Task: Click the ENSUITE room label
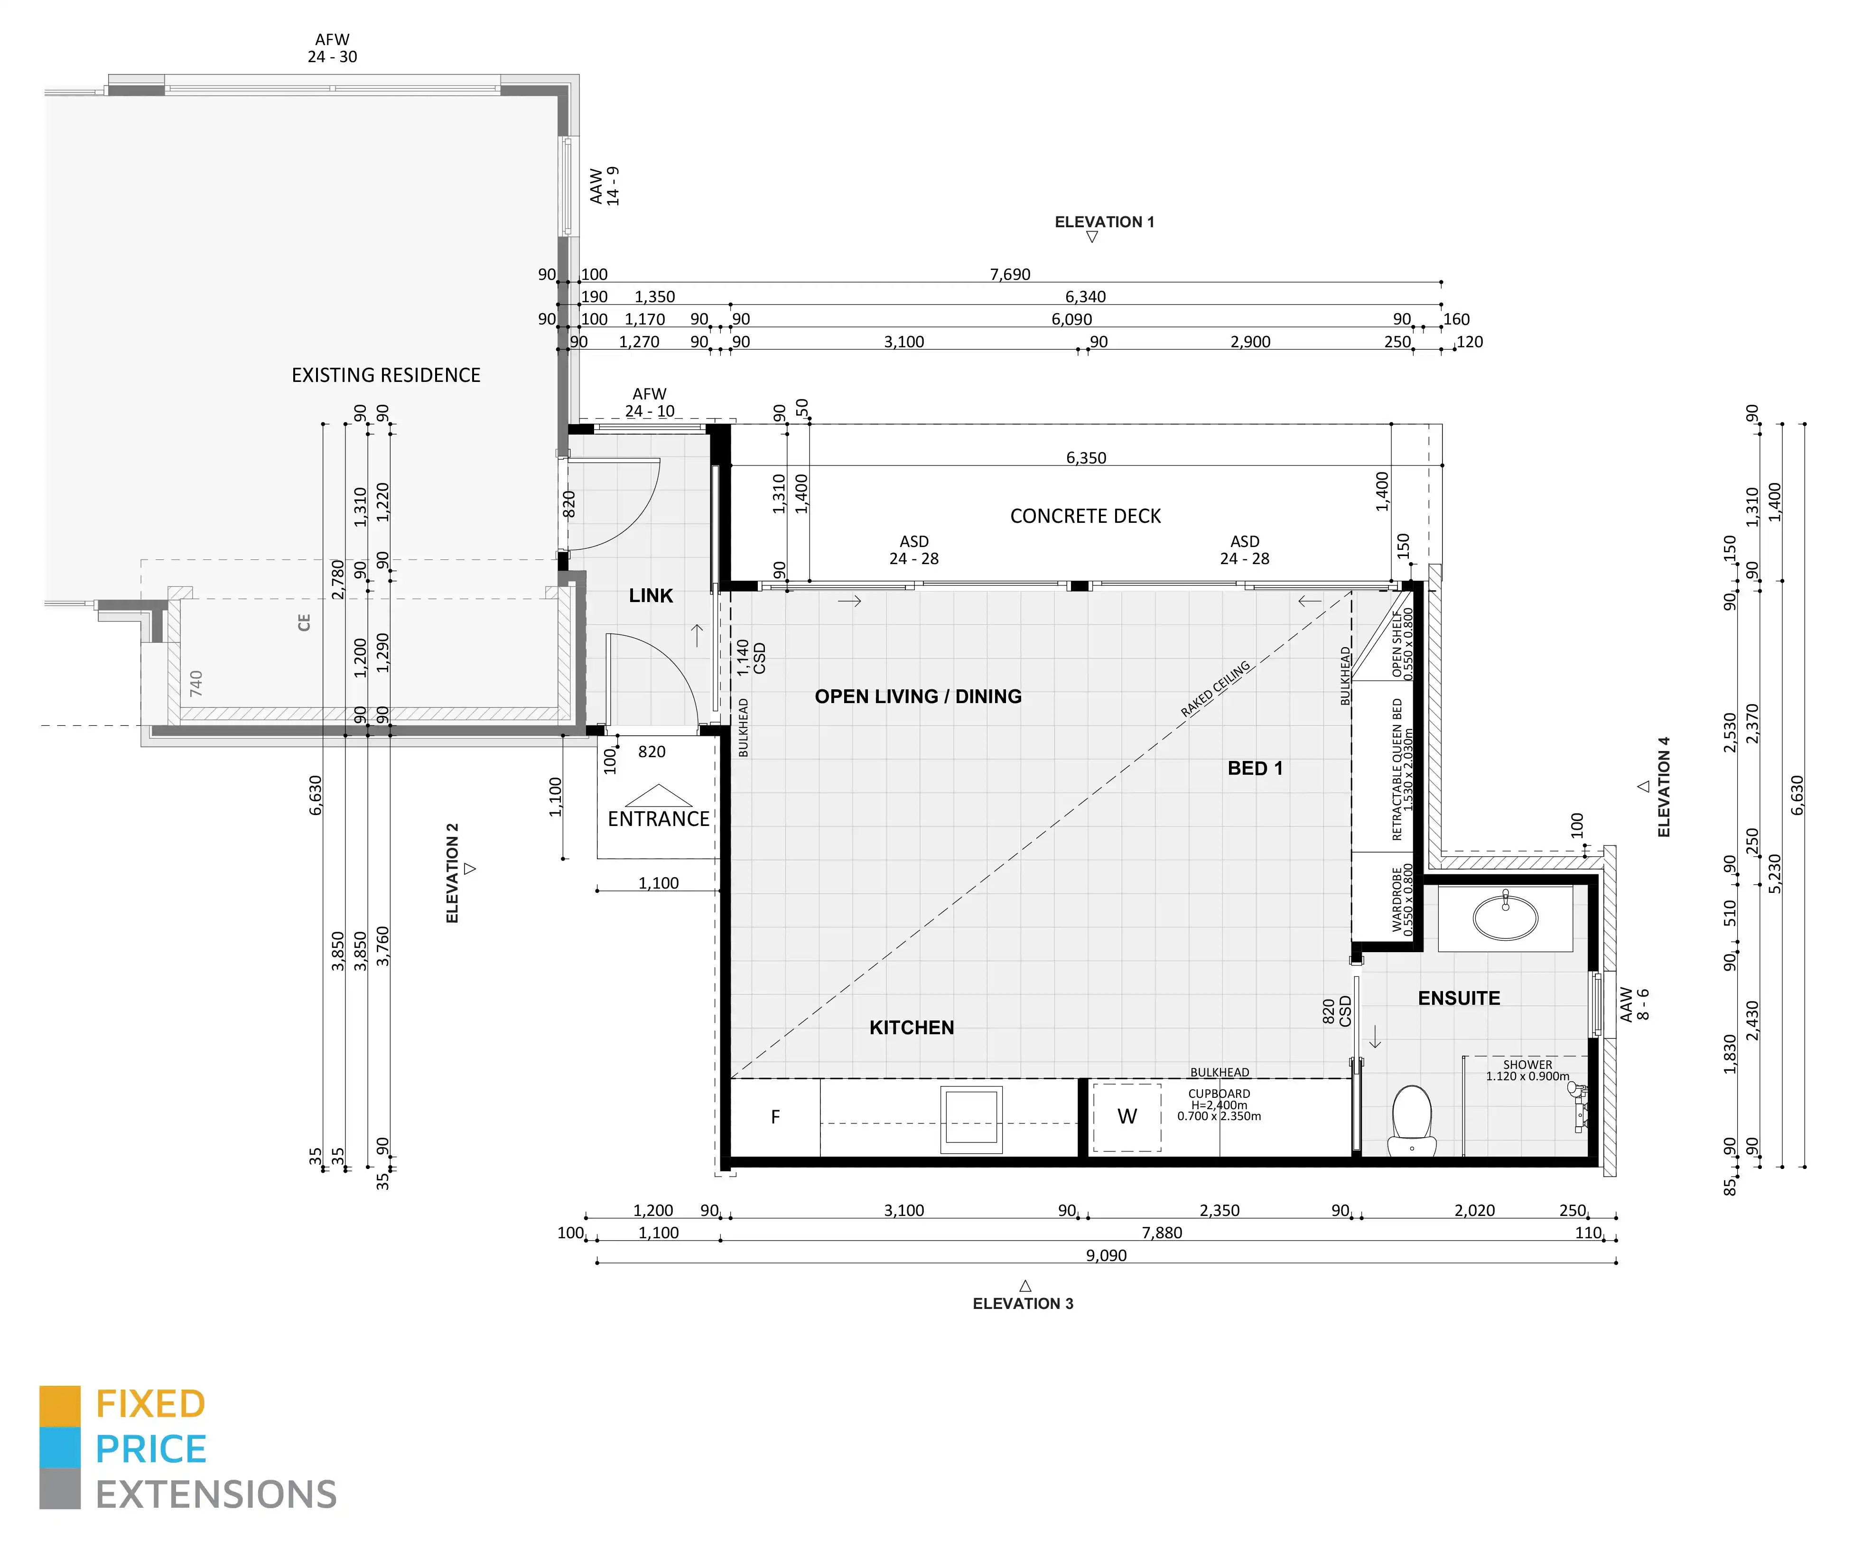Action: click(1459, 998)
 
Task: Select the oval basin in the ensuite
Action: click(1506, 916)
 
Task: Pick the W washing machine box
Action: click(1126, 1117)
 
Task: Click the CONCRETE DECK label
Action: click(1085, 516)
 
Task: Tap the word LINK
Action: click(651, 596)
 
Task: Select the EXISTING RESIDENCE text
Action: click(386, 375)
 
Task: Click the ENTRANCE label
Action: click(658, 819)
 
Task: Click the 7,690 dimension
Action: click(1010, 275)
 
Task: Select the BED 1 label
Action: click(1255, 769)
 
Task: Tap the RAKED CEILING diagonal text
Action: click(1216, 689)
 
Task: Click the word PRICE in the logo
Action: click(151, 1450)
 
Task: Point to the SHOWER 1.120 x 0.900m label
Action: click(1528, 1070)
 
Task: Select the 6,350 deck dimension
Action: click(1086, 458)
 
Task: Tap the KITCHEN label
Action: click(912, 1028)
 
